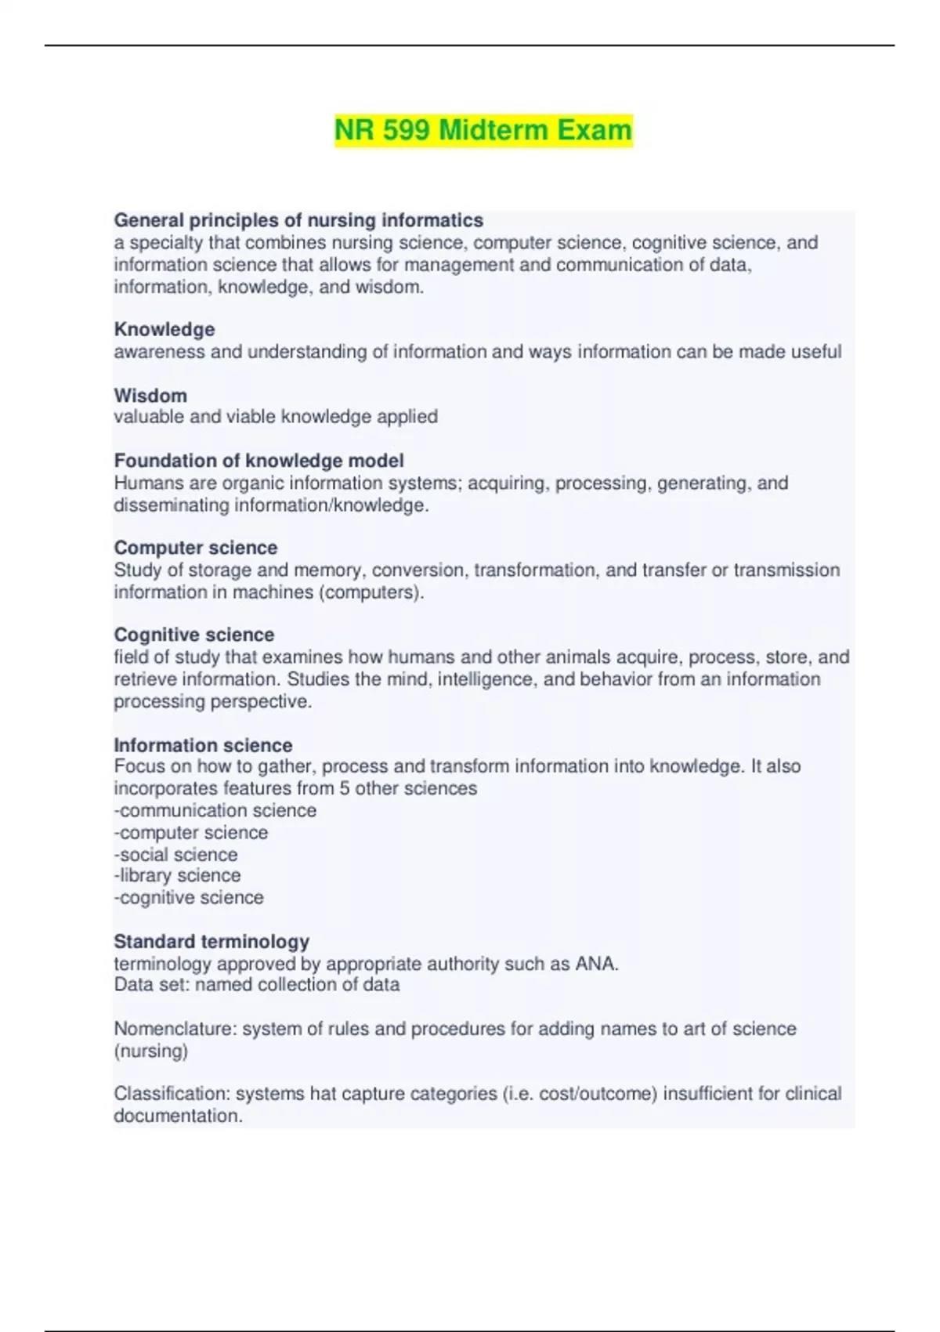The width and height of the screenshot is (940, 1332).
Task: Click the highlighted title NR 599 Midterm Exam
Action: click(483, 129)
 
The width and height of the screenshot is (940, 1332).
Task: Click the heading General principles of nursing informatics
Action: click(298, 220)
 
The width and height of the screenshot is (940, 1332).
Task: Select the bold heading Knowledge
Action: click(164, 329)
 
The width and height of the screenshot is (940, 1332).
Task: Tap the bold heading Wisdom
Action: click(150, 395)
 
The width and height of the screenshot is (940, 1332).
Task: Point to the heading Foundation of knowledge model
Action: click(258, 460)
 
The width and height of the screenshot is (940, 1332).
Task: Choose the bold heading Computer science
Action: click(196, 547)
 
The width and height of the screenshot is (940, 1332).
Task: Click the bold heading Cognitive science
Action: click(194, 634)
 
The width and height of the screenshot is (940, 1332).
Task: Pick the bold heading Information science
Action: click(203, 744)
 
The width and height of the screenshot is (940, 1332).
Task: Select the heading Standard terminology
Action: click(211, 941)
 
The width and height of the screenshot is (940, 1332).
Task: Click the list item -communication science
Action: click(215, 810)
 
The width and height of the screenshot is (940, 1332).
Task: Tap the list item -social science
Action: click(175, 854)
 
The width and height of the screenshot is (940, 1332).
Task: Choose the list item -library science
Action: click(177, 875)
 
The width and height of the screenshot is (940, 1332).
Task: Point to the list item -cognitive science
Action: click(189, 897)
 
